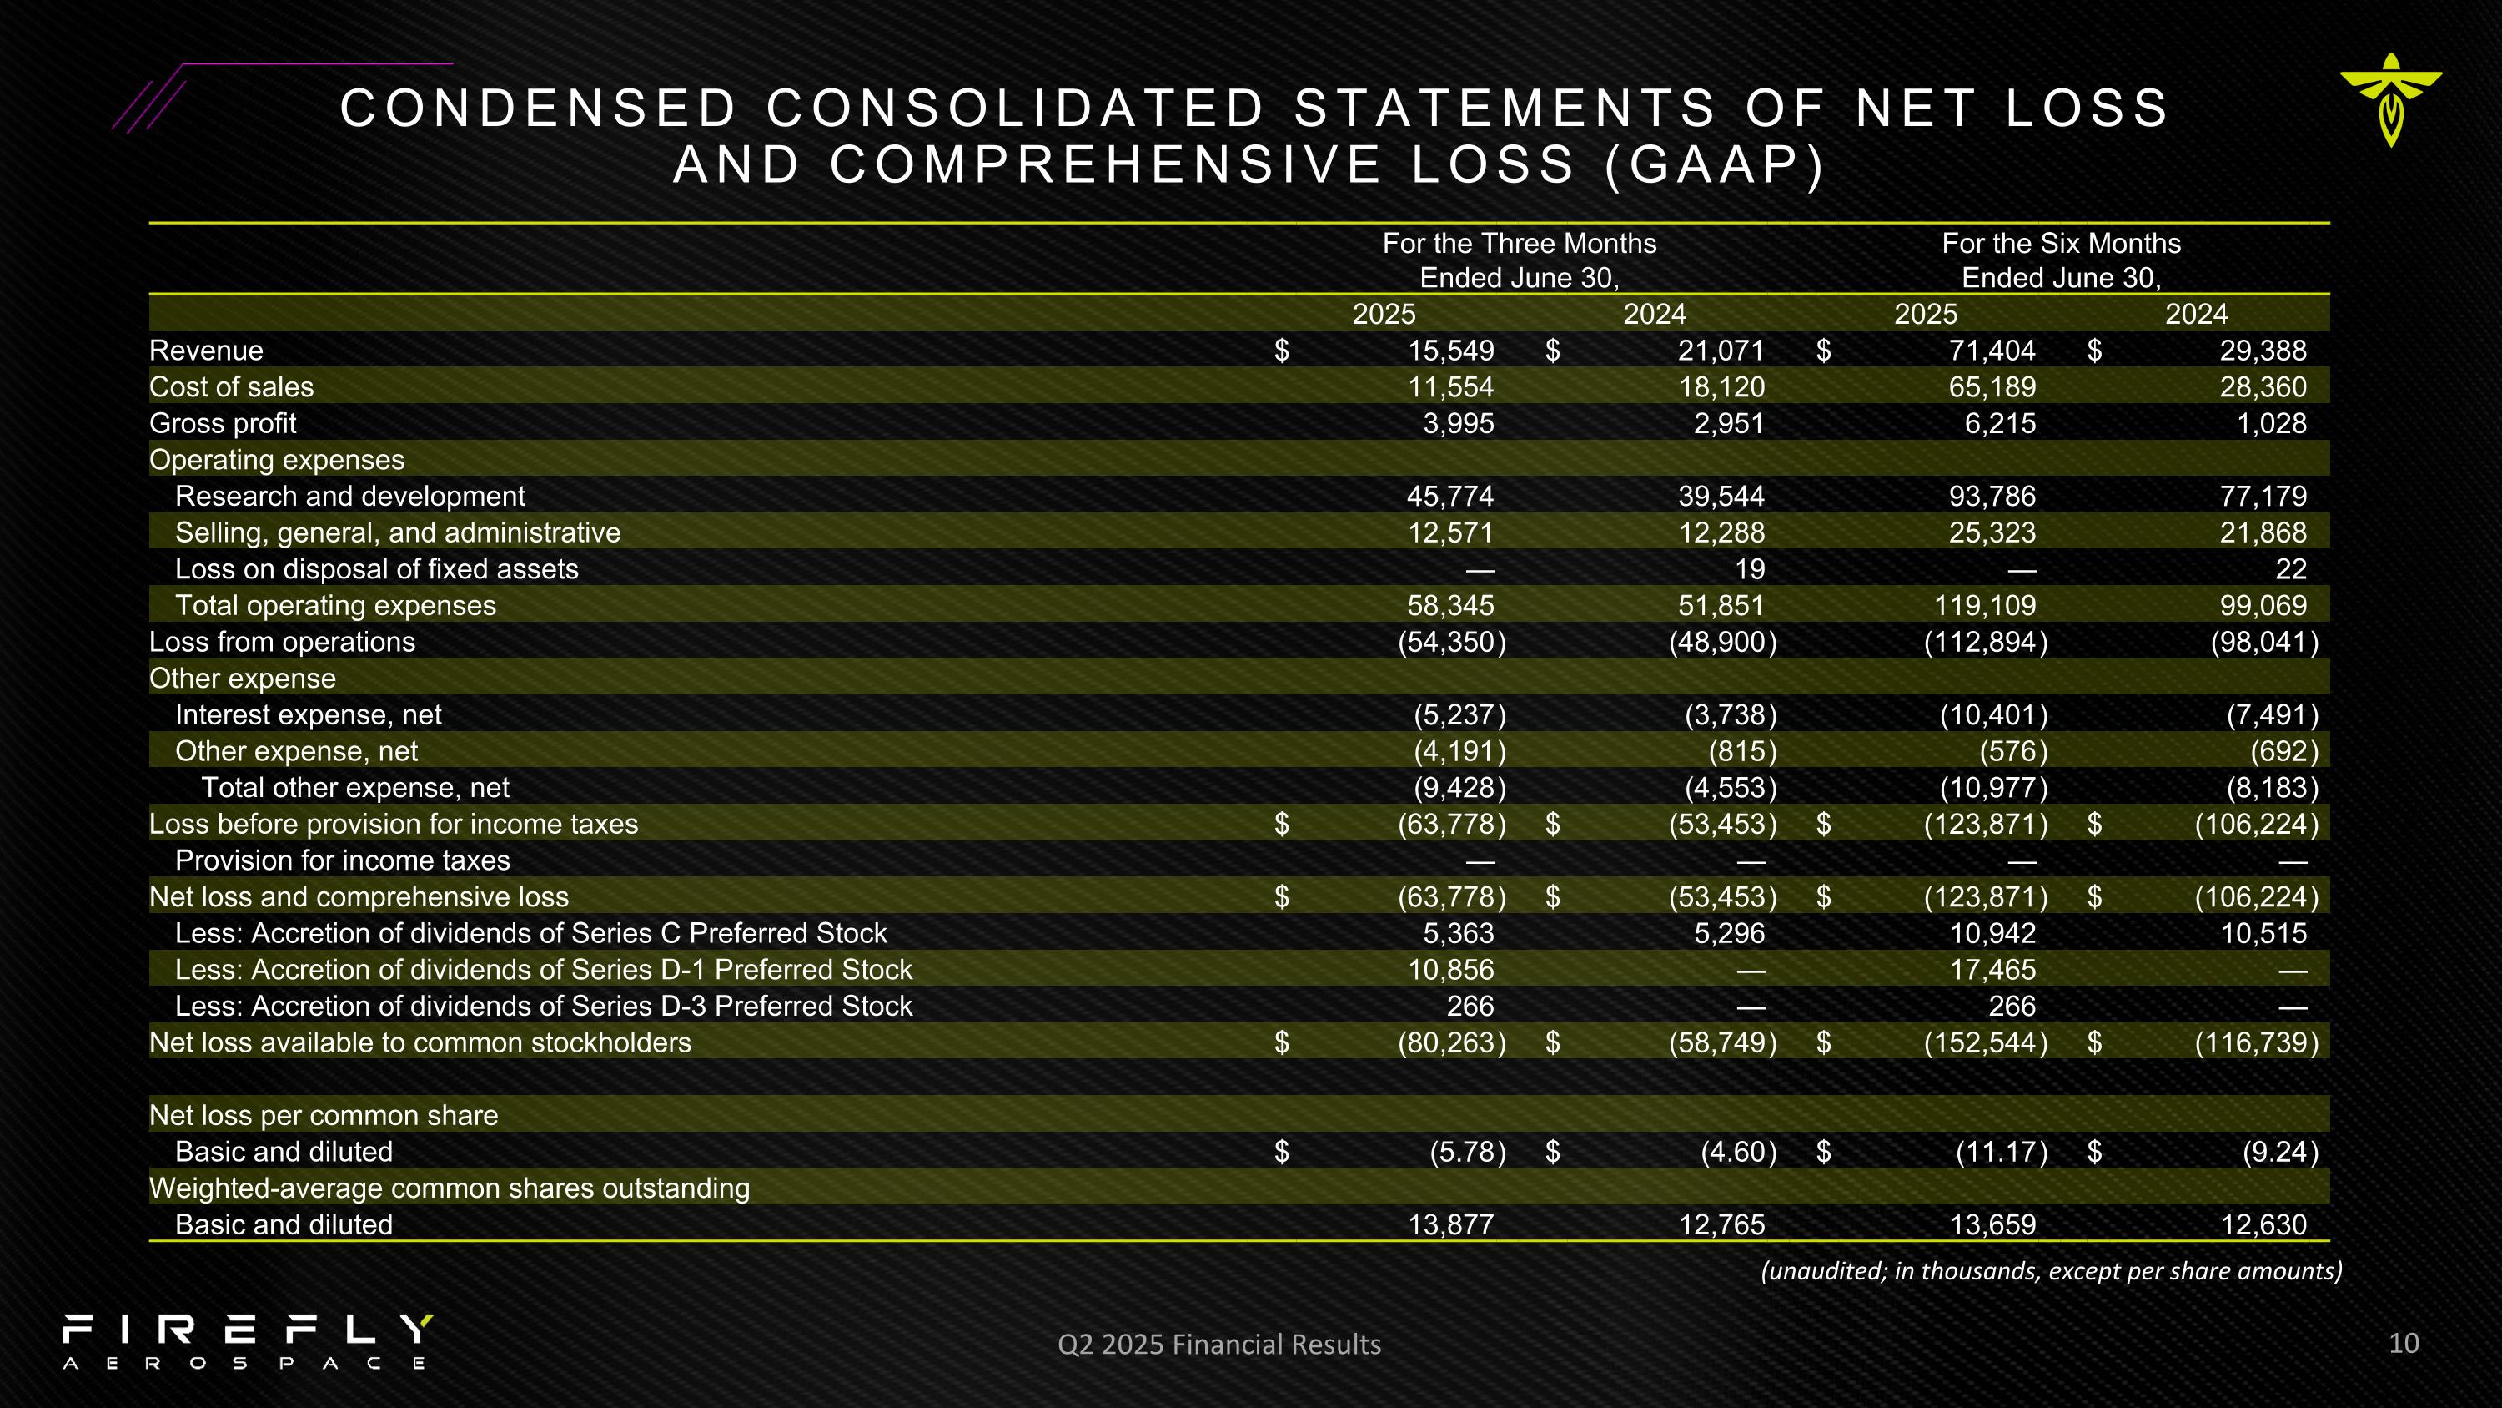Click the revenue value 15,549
pyautogui.click(x=1450, y=351)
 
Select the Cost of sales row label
pyautogui.click(x=231, y=386)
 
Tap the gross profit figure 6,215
pyautogui.click(x=1999, y=424)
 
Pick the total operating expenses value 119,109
pyautogui.click(x=1984, y=605)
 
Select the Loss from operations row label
pyautogui.click(x=282, y=643)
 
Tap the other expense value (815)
pyautogui.click(x=1741, y=751)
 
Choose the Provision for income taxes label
pyautogui.click(x=342, y=861)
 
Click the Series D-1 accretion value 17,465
pyautogui.click(x=1992, y=970)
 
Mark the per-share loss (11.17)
pyautogui.click(x=2001, y=1153)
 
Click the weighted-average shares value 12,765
pyautogui.click(x=1721, y=1224)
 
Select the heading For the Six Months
pyautogui.click(x=2060, y=243)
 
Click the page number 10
pyautogui.click(x=2403, y=1343)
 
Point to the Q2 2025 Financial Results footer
pyautogui.click(x=1219, y=1344)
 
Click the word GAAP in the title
pyautogui.click(x=1715, y=164)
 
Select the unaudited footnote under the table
pyautogui.click(x=2050, y=1271)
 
